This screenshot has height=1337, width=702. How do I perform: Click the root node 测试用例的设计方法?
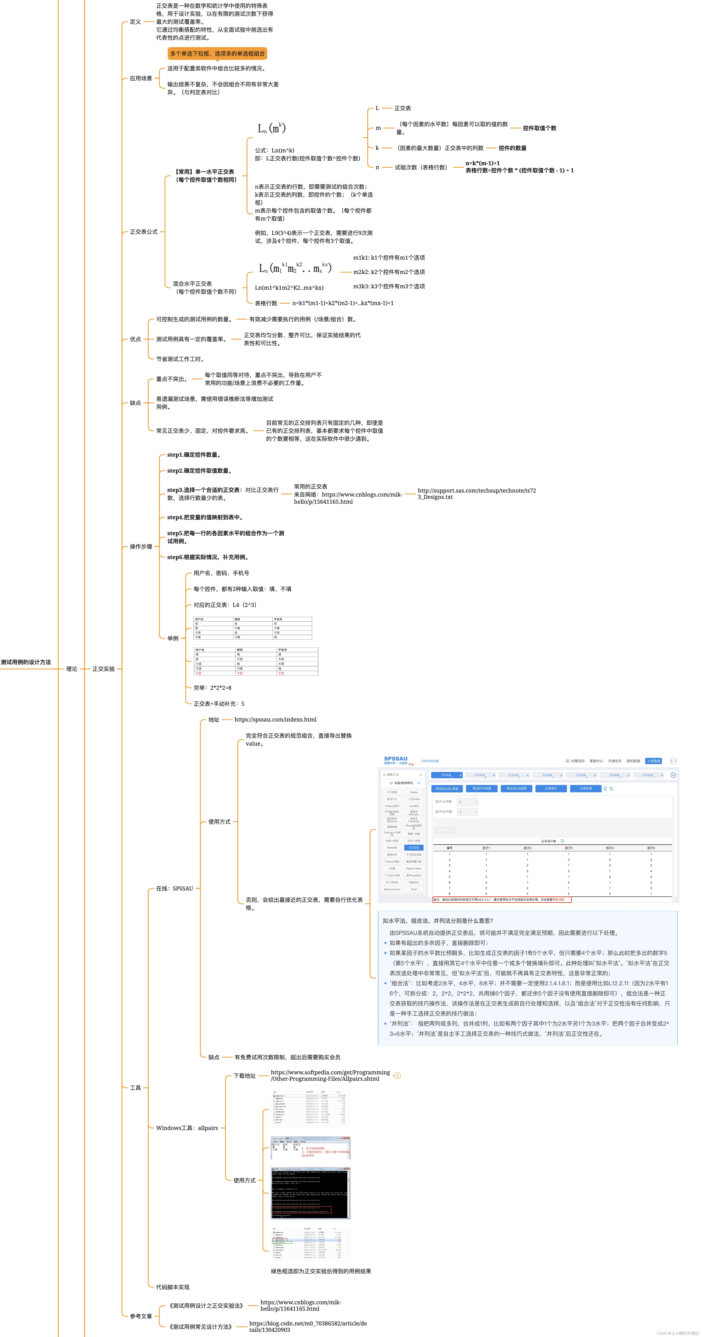pyautogui.click(x=26, y=662)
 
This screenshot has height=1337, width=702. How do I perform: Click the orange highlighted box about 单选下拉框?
pyautogui.click(x=217, y=53)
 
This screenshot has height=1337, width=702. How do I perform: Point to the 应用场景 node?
pyautogui.click(x=141, y=78)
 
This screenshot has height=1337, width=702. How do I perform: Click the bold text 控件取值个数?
pyautogui.click(x=539, y=128)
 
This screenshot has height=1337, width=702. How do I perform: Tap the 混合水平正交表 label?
pyautogui.click(x=193, y=284)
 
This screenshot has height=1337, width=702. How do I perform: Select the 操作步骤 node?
pyautogui.click(x=141, y=547)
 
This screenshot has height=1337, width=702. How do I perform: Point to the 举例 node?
pyautogui.click(x=173, y=638)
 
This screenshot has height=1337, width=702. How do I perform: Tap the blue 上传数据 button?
pyautogui.click(x=653, y=761)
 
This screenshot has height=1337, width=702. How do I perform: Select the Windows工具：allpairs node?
pyautogui.click(x=187, y=1128)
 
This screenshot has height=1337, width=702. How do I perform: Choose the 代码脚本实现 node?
pyautogui.click(x=173, y=1287)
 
